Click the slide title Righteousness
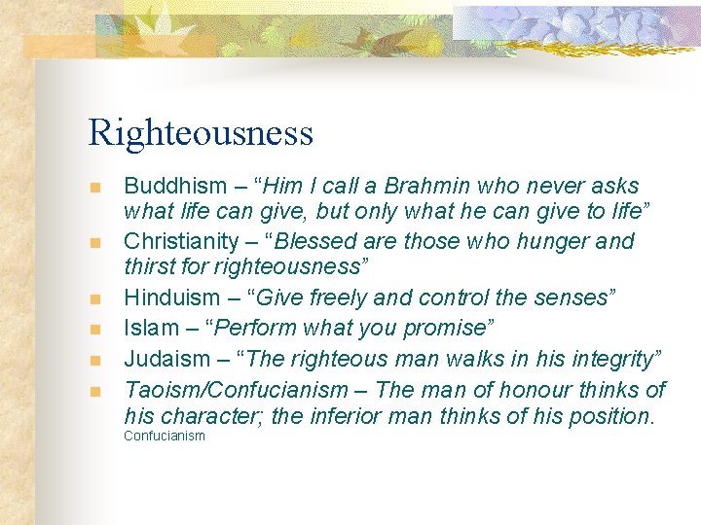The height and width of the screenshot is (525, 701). tap(201, 133)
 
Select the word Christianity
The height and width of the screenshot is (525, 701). tap(180, 241)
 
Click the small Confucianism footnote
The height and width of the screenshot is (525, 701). tap(165, 437)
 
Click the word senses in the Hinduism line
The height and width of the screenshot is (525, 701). tap(571, 297)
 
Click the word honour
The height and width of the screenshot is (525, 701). tap(505, 391)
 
